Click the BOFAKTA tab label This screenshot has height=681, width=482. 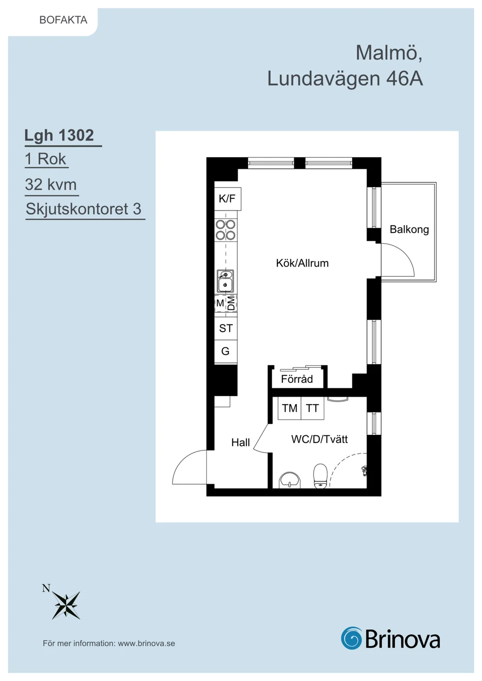[63, 20]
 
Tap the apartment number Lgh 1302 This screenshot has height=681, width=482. [59, 135]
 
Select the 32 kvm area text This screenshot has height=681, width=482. [51, 184]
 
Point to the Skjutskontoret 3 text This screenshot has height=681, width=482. [84, 209]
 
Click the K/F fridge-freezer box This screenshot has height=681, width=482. [228, 199]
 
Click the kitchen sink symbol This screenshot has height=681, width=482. [225, 281]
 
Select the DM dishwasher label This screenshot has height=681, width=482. [231, 303]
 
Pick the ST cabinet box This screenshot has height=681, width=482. [226, 328]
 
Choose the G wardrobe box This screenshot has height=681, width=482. [226, 351]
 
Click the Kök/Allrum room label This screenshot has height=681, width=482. [302, 263]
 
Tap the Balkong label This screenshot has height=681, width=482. [409, 230]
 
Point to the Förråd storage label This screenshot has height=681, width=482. [297, 379]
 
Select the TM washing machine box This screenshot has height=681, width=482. [289, 408]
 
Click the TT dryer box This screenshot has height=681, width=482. [313, 408]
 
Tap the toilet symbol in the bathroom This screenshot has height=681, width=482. [320, 476]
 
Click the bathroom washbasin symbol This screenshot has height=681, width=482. [289, 481]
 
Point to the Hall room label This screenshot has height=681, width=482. [241, 443]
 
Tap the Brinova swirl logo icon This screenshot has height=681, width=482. [351, 638]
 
